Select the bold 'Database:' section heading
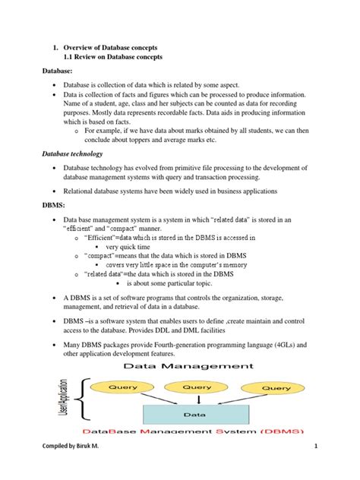(x=58, y=70)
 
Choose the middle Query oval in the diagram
(x=197, y=387)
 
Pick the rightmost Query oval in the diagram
(x=276, y=387)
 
